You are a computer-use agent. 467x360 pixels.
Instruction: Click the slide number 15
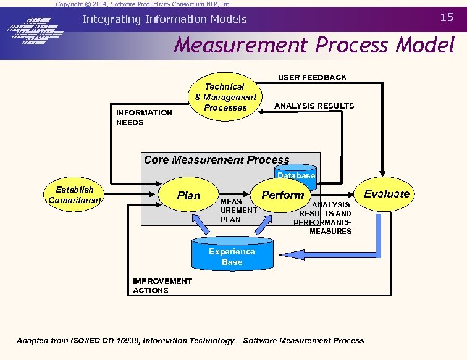click(x=447, y=17)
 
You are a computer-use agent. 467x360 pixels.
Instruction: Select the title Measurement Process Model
click(x=314, y=45)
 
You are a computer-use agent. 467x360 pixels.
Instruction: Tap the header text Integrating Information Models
click(x=164, y=19)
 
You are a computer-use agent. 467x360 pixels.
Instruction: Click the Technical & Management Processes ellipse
click(x=225, y=97)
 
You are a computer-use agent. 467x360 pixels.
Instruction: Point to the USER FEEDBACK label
click(x=312, y=77)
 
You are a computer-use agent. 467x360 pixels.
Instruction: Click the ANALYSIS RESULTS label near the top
click(x=314, y=106)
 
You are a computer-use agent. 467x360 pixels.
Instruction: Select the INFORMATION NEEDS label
click(x=144, y=117)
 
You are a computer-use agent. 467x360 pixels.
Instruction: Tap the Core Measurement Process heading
click(x=216, y=160)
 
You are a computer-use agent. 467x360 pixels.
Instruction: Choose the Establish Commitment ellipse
click(x=74, y=195)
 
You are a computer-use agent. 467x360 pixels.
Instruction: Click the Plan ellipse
click(x=189, y=195)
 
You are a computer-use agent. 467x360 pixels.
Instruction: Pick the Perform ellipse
click(x=282, y=195)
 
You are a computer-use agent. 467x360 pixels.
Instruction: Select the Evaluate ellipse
click(x=387, y=194)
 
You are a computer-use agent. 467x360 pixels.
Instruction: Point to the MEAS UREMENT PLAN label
click(x=238, y=211)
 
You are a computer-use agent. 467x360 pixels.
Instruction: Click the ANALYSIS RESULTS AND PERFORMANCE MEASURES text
click(x=324, y=218)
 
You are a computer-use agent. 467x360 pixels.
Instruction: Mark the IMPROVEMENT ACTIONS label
click(x=162, y=286)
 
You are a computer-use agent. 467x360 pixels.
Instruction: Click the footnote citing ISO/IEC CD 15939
click(x=190, y=340)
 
